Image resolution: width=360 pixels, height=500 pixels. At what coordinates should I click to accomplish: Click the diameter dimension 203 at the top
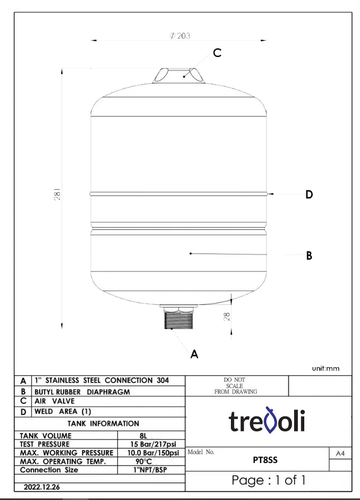180,36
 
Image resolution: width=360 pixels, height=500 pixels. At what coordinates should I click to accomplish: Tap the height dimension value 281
57,194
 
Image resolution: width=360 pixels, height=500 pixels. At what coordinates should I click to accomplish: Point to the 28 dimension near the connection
227,316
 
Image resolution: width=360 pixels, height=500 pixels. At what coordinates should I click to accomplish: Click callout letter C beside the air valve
217,53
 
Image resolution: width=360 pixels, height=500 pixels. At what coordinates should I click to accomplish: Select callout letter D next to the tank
309,195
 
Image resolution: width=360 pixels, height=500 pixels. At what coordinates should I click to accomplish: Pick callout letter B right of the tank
309,256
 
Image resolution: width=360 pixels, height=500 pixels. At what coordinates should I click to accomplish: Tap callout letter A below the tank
194,354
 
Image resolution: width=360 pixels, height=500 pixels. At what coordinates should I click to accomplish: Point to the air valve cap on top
178,76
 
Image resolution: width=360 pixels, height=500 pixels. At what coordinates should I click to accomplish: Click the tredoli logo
267,420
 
